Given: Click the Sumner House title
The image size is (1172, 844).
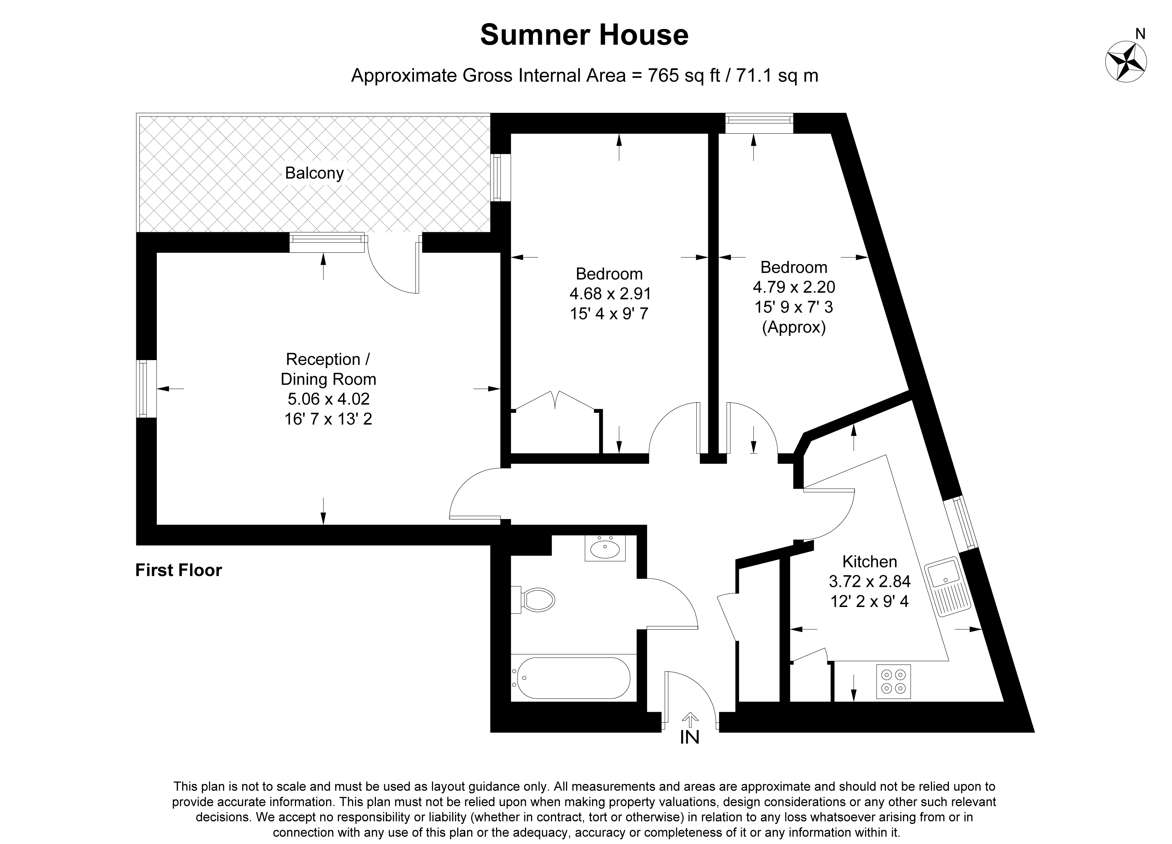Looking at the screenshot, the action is [584, 35].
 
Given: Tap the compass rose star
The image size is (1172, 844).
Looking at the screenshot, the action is [1125, 61].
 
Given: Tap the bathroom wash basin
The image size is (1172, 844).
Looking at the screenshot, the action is [605, 548].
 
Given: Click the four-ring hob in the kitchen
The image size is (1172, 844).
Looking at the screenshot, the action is [894, 682].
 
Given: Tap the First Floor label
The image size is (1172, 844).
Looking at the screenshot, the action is [178, 570].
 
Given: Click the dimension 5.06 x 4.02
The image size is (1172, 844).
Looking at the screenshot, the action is [328, 399].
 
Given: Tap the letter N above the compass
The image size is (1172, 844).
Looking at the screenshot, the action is [1136, 34].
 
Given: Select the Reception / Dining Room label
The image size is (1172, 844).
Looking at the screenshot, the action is [328, 369].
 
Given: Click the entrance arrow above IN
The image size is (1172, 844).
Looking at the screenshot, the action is [690, 719].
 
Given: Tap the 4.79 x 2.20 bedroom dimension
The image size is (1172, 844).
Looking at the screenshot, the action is [794, 287].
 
